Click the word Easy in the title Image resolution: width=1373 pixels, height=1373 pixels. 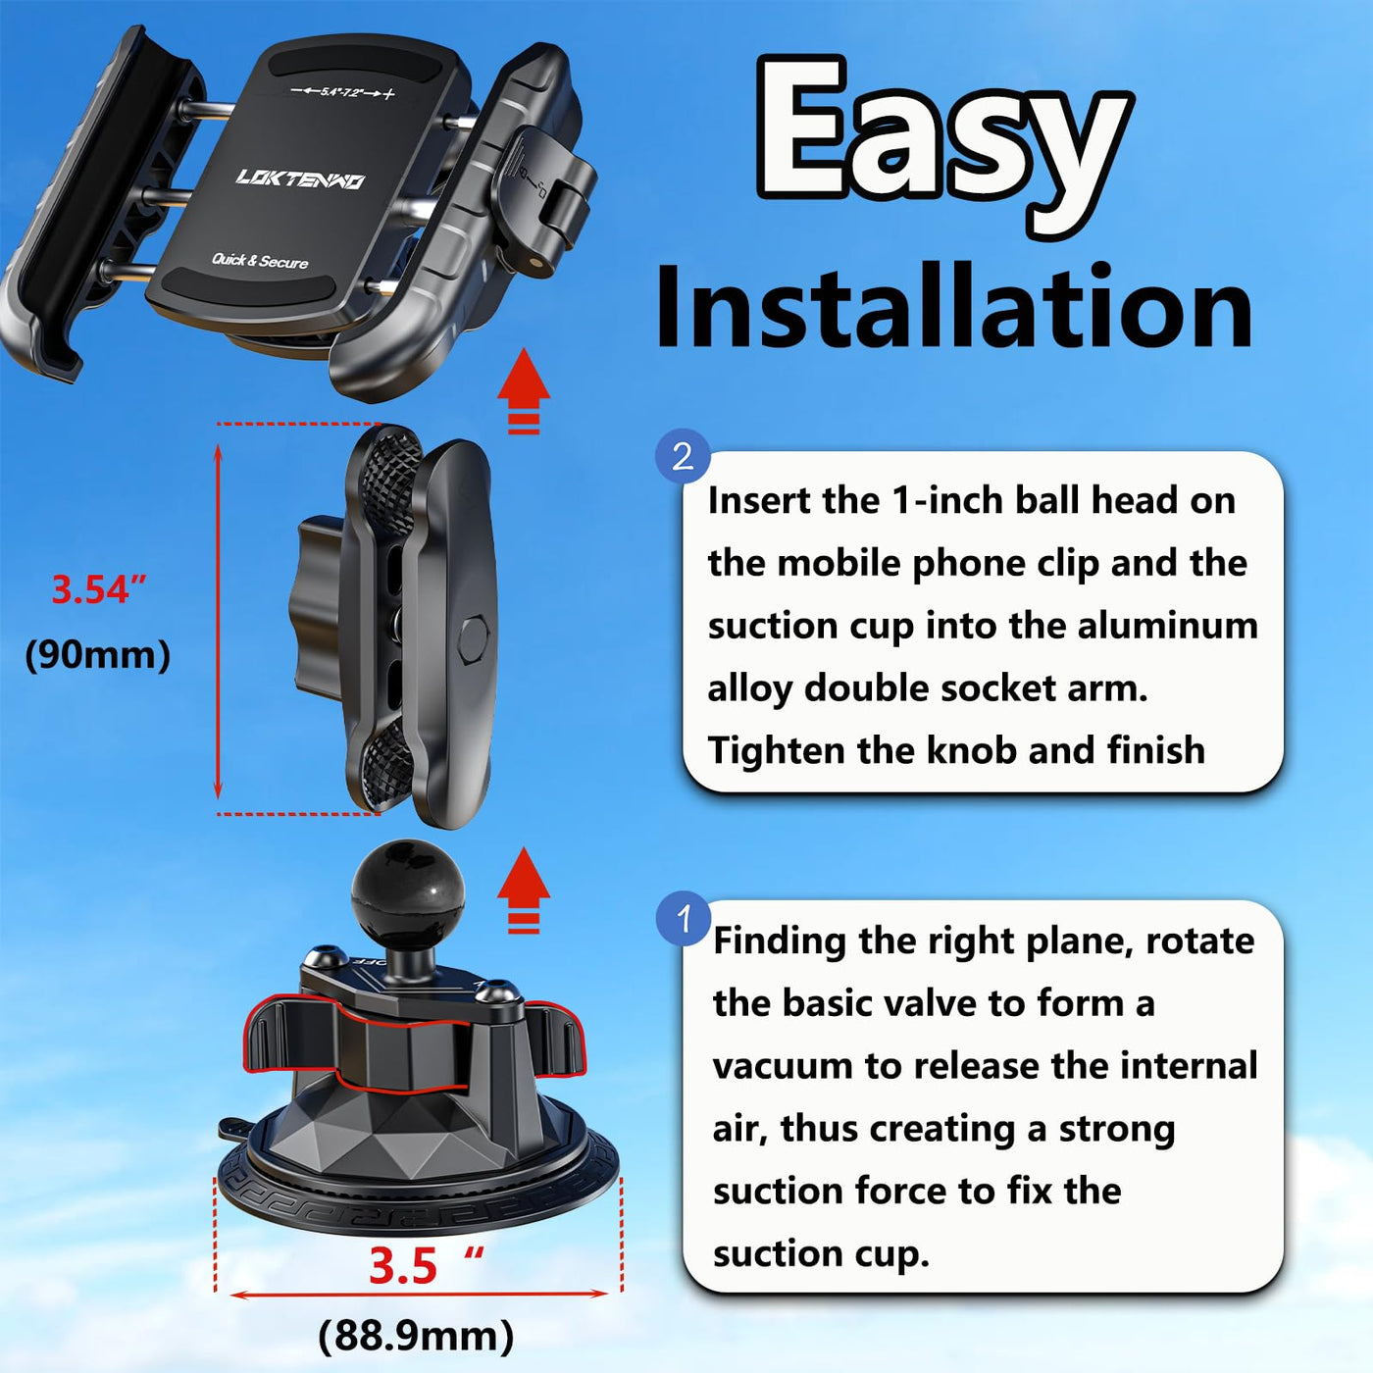coord(944,146)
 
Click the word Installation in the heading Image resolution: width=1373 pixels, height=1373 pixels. coord(953,307)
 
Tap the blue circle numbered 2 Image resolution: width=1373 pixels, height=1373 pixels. coord(683,456)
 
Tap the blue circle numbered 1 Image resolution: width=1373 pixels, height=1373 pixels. coord(684,918)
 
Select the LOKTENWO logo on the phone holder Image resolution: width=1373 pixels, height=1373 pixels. coord(300,178)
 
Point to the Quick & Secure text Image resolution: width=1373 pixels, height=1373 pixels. coord(260,261)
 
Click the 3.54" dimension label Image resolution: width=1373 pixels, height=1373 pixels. coord(99,589)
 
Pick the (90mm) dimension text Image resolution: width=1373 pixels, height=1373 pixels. coord(98,654)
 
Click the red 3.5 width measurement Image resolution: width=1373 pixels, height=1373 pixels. coord(402,1266)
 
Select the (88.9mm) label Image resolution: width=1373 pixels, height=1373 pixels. coord(416,1336)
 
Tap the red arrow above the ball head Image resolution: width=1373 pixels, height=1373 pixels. coord(524,890)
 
